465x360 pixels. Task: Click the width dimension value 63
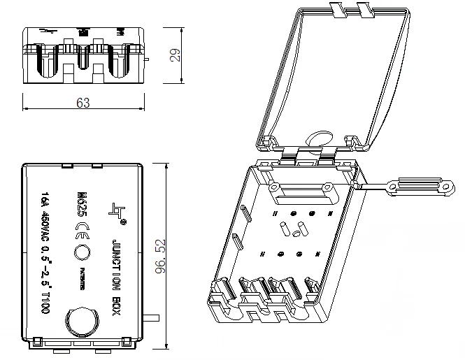point(83,103)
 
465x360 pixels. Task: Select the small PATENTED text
point(83,279)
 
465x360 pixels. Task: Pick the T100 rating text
point(45,305)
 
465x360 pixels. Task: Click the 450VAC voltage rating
point(45,226)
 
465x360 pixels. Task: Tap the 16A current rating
point(45,199)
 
